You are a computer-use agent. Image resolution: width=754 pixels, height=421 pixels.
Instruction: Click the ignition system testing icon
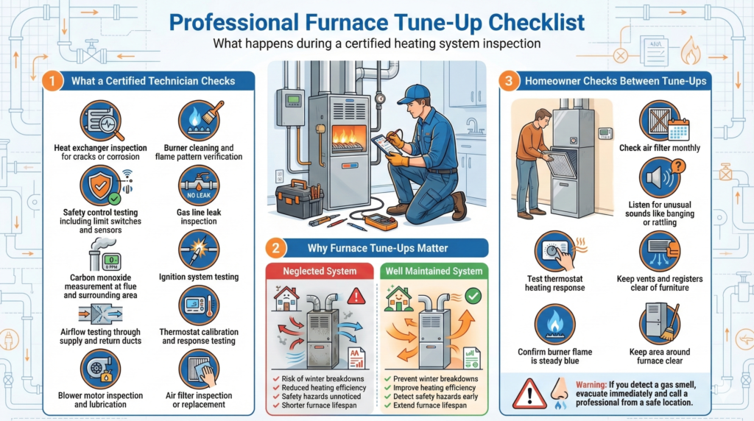tap(199, 250)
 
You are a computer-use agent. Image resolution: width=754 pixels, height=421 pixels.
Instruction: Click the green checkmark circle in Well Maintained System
tap(473, 296)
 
